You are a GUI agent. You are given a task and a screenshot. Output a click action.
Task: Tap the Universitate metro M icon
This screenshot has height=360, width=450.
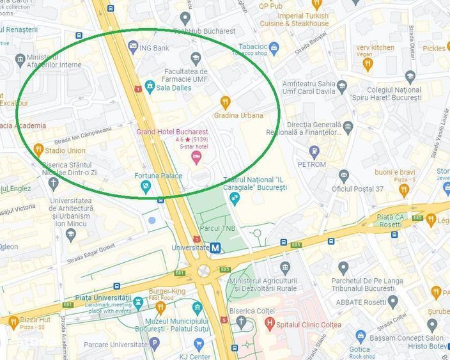(x=216, y=247)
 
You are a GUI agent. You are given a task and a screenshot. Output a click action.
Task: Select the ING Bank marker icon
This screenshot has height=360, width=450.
(x=133, y=47)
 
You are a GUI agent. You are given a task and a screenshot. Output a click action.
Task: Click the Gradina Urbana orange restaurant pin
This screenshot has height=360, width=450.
(x=225, y=102)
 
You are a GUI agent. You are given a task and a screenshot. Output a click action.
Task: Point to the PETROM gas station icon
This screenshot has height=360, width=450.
(x=314, y=152)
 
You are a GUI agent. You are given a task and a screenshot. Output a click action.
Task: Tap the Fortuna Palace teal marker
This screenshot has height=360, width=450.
(x=146, y=187)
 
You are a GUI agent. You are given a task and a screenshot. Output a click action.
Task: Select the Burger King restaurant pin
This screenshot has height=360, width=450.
(x=160, y=308)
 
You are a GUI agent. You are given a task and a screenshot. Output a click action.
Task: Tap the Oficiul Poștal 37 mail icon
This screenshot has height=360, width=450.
(x=344, y=175)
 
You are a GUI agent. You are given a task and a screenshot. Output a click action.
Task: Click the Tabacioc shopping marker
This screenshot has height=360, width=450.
(x=274, y=47)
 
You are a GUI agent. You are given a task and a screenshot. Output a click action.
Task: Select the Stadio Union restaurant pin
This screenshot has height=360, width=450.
(x=38, y=150)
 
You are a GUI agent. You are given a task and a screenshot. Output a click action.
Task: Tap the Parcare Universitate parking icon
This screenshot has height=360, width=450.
(x=154, y=343)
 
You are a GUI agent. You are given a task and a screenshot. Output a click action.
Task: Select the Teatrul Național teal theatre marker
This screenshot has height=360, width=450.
(x=234, y=198)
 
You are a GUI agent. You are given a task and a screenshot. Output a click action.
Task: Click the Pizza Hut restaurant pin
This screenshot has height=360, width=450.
(x=13, y=323)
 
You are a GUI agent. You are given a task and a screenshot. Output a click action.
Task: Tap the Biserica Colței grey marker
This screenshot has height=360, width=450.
(x=241, y=322)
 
